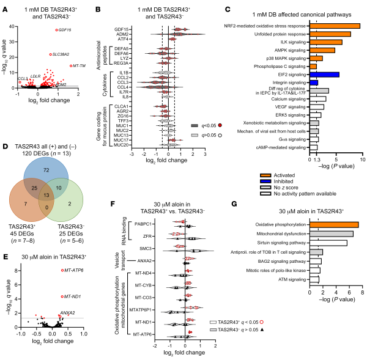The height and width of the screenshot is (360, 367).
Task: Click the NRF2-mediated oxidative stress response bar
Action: pyautogui.click(x=335, y=26)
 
